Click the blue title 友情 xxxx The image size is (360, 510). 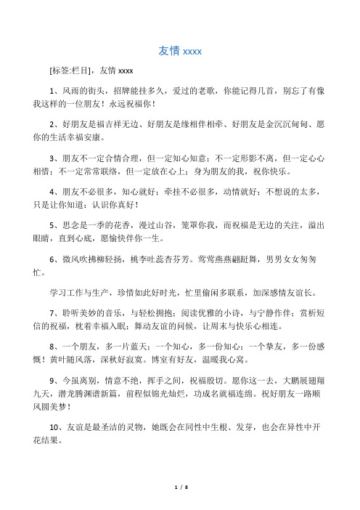179,51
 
